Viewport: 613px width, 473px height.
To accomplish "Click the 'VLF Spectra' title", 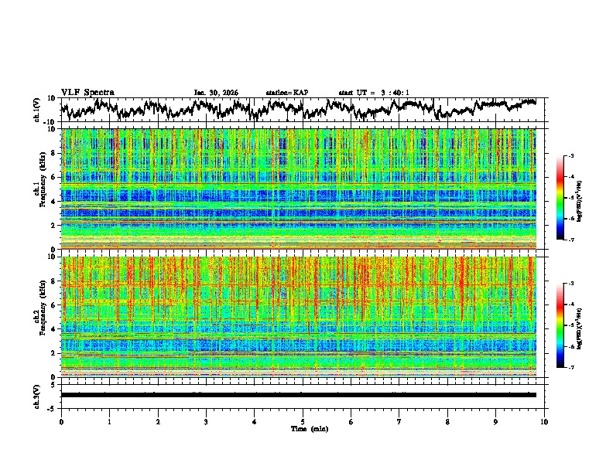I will click(x=87, y=92).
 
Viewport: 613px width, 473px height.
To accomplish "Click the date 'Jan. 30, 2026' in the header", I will click(x=216, y=93).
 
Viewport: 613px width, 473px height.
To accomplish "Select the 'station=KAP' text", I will click(x=286, y=93).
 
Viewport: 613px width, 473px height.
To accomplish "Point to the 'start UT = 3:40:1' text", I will click(x=374, y=93).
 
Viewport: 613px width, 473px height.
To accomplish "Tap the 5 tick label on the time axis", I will click(x=303, y=422).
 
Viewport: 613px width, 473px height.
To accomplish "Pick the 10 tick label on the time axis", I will click(x=544, y=422).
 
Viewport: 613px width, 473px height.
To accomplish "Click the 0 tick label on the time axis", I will click(x=61, y=422).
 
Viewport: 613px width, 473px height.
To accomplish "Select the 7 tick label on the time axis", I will click(x=399, y=422).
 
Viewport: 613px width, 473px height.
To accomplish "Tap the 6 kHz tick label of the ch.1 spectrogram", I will click(x=53, y=177).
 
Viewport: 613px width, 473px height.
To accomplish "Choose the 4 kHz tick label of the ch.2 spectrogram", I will click(x=53, y=329).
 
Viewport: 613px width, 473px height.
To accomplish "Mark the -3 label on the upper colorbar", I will click(x=570, y=156).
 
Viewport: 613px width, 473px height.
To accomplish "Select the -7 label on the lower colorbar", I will click(x=570, y=368).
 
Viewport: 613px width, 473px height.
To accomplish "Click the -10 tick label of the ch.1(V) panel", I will click(x=50, y=122).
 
